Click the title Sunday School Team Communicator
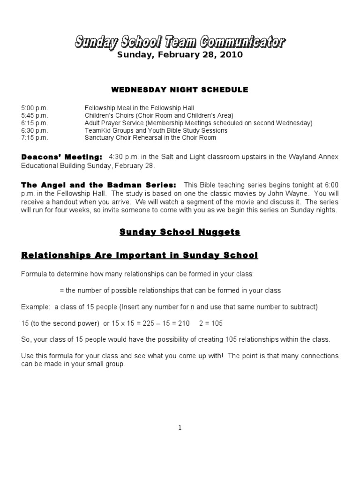180,43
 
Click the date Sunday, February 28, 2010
180,55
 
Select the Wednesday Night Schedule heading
180,90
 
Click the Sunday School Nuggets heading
180,232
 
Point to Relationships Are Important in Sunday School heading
139,255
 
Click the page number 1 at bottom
180,427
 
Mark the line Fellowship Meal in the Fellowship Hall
139,108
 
